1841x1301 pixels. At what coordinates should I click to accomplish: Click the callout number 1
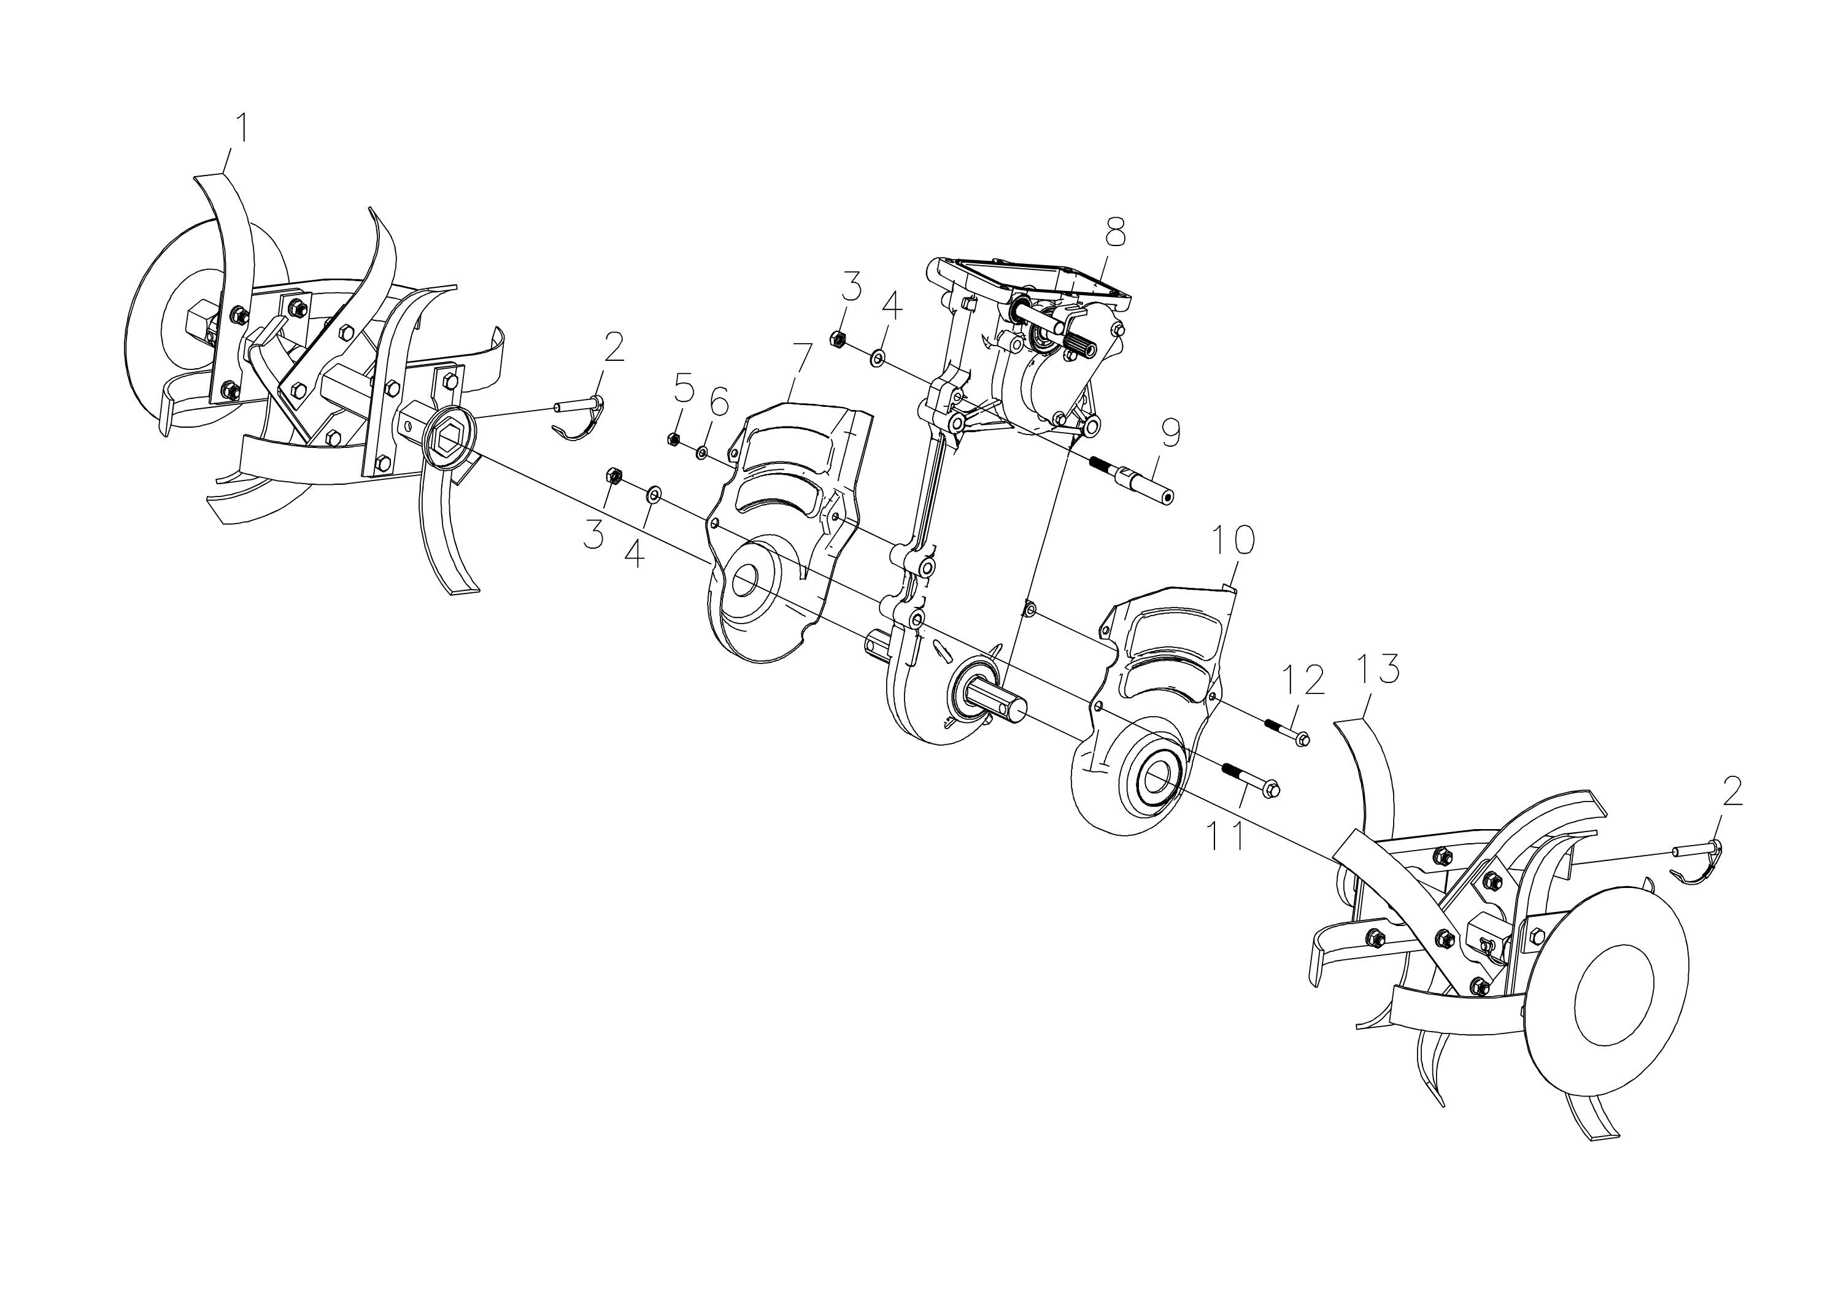point(240,129)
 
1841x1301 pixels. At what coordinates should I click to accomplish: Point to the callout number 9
point(1170,434)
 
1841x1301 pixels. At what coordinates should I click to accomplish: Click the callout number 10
point(1233,542)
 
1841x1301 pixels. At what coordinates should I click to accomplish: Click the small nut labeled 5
point(674,439)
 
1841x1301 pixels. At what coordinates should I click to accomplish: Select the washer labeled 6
point(701,453)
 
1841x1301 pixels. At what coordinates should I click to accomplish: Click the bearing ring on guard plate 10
point(1156,778)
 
